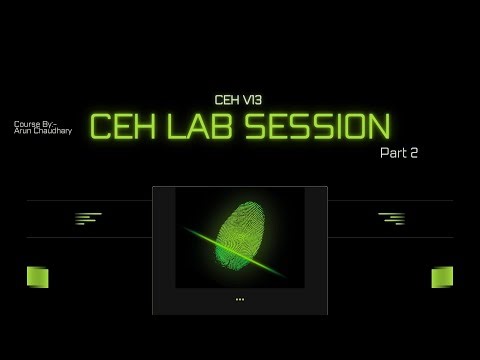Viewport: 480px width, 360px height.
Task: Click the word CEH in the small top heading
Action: point(228,100)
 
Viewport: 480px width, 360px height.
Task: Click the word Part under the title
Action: point(393,153)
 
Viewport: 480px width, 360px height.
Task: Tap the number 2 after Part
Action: point(412,153)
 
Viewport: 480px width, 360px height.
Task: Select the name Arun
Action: point(24,131)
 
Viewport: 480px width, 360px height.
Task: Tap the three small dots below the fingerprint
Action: point(240,299)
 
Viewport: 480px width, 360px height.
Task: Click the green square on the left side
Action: point(38,277)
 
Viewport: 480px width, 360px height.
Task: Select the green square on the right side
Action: point(441,277)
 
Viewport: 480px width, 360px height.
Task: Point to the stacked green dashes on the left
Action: point(88,218)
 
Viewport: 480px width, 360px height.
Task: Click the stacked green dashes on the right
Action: point(392,218)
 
